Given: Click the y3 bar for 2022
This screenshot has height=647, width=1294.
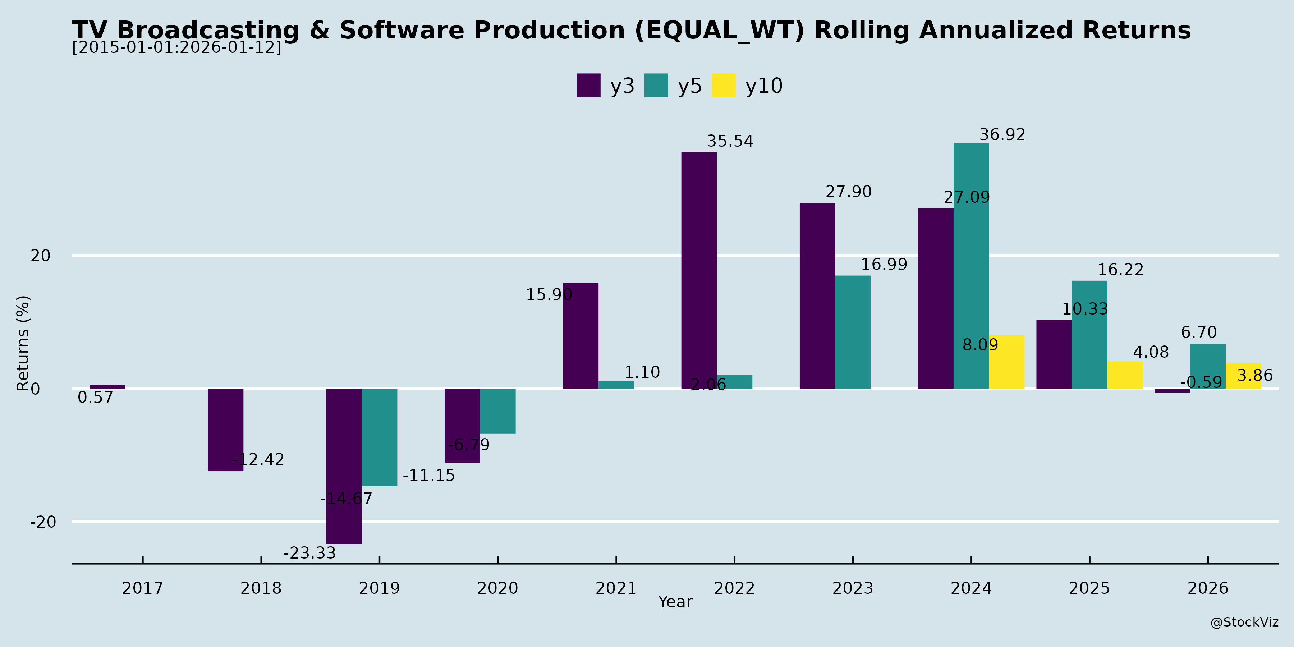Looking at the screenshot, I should [699, 270].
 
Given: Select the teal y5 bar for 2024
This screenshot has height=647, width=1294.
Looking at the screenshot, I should [971, 266].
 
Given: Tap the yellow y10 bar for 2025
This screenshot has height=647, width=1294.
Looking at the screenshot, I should [1125, 375].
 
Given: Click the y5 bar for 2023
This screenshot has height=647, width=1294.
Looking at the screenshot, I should [853, 332].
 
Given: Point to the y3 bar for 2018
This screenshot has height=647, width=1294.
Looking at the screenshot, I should [225, 430].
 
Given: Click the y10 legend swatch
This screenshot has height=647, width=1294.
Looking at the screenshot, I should [723, 86].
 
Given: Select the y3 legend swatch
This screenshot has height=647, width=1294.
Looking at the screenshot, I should [588, 86].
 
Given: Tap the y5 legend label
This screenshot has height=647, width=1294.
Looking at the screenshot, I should [689, 86].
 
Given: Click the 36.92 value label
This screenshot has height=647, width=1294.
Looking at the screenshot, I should [1002, 135].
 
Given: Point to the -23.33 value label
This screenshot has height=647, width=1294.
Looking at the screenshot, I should [309, 553].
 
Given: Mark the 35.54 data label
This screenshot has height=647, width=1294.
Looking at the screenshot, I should [730, 141].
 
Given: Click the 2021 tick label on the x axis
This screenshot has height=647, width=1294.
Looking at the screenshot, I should [616, 588].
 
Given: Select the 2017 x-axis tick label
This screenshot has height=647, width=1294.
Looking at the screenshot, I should [143, 588].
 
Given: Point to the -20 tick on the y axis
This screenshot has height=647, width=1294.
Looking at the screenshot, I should [43, 522].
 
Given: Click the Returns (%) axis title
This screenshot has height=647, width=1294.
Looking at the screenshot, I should [23, 343].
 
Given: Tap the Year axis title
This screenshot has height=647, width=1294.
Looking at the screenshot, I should [675, 602].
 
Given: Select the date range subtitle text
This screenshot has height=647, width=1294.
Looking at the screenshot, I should [177, 47].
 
